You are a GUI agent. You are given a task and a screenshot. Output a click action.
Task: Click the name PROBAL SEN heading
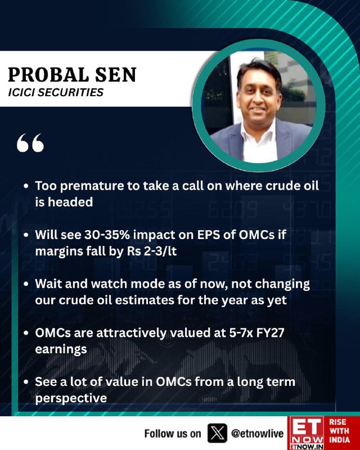(x=72, y=75)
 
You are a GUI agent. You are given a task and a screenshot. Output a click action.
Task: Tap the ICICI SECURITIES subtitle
(x=56, y=93)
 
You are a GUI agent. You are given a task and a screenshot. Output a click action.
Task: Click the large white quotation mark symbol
(x=30, y=143)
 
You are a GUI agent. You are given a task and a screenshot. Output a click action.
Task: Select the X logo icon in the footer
(x=217, y=433)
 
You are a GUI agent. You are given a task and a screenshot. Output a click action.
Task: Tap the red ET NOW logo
(x=306, y=433)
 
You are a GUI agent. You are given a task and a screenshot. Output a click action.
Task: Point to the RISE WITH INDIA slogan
(x=339, y=431)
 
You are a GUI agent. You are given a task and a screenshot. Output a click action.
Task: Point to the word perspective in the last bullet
(x=71, y=399)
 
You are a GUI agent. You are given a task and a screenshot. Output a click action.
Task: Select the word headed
(x=70, y=202)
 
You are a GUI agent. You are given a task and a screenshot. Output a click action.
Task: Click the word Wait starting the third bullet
(x=48, y=284)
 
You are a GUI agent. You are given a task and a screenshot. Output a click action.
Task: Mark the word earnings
(x=61, y=349)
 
